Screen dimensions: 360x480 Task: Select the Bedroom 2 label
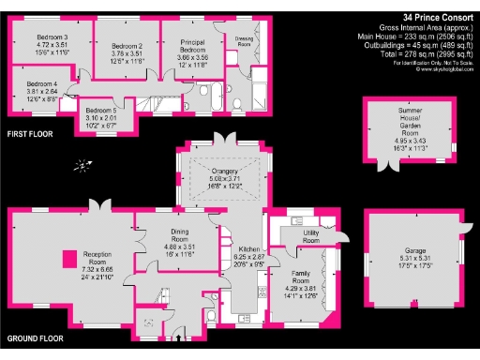[127, 46]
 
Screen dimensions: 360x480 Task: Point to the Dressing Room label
[245, 41]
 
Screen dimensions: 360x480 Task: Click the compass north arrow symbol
[82, 167]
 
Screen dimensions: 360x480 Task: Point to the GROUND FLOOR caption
[35, 337]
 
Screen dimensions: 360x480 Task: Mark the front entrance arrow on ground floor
[175, 337]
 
